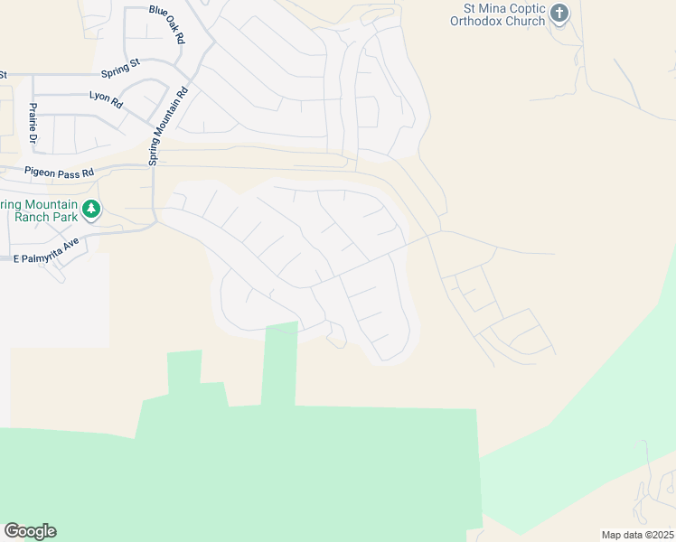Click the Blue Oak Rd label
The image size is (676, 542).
(x=167, y=25)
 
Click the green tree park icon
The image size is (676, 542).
(x=90, y=210)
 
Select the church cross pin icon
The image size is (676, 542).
(x=560, y=14)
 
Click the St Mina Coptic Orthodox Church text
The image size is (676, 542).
(x=500, y=14)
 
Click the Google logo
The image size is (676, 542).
(x=30, y=531)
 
